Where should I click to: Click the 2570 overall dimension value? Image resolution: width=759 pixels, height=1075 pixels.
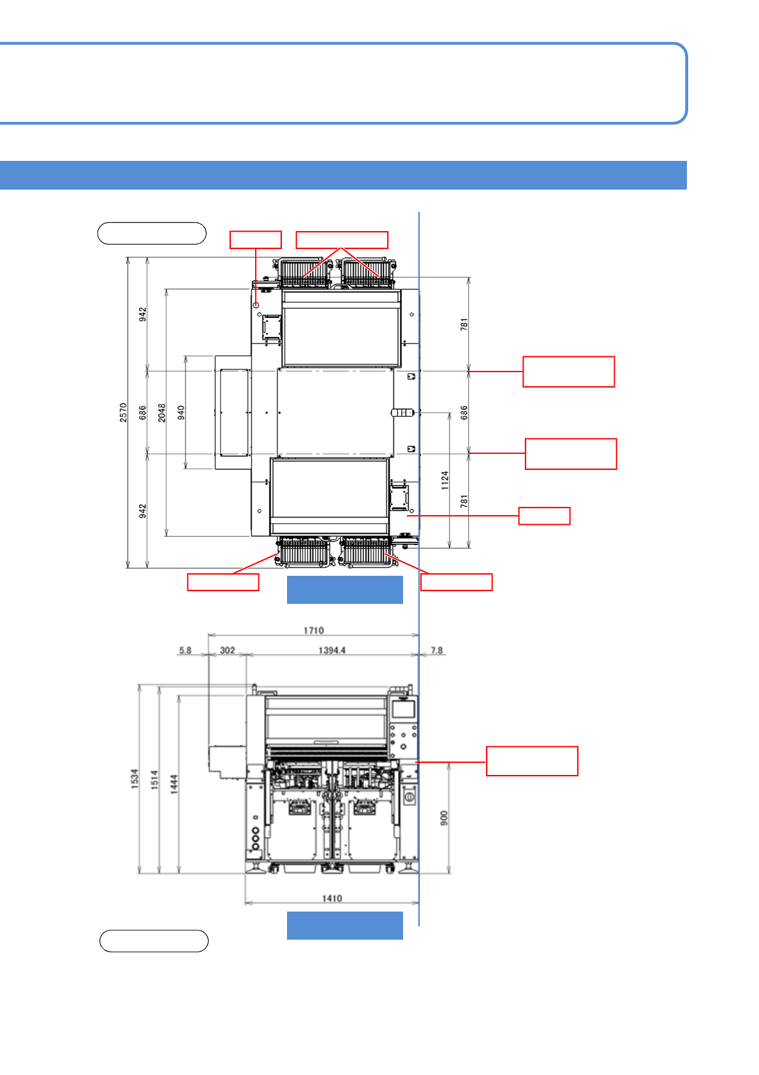pyautogui.click(x=123, y=412)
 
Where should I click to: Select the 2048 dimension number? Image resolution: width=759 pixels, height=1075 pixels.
pyautogui.click(x=162, y=412)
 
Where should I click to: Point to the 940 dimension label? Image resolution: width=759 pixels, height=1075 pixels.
pyautogui.click(x=181, y=412)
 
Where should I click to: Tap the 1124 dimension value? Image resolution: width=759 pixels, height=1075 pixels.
pyautogui.click(x=445, y=480)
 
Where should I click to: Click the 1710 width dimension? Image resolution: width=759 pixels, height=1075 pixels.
pyautogui.click(x=313, y=631)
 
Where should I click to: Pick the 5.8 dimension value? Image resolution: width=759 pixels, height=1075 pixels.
pyautogui.click(x=185, y=650)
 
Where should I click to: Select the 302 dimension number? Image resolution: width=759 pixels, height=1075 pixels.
pyautogui.click(x=227, y=650)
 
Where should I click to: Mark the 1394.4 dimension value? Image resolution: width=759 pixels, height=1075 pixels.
pyautogui.click(x=332, y=650)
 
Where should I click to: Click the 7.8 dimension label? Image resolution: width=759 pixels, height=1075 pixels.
pyautogui.click(x=436, y=650)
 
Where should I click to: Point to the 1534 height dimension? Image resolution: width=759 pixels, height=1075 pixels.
pyautogui.click(x=135, y=779)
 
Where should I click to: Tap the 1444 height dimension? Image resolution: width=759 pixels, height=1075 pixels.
pyautogui.click(x=174, y=784)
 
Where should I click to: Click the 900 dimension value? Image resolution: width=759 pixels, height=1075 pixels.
pyautogui.click(x=444, y=818)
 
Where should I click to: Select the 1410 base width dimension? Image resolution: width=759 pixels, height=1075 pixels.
pyautogui.click(x=332, y=898)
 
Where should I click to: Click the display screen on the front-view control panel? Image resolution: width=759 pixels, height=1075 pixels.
pyautogui.click(x=402, y=709)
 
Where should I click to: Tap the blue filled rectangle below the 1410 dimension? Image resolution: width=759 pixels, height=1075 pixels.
pyautogui.click(x=344, y=926)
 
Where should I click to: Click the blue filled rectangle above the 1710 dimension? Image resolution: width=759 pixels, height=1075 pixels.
pyautogui.click(x=344, y=590)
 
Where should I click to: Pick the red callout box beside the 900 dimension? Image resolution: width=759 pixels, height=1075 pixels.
pyautogui.click(x=532, y=761)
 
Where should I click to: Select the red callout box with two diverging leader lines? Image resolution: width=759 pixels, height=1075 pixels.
pyautogui.click(x=342, y=240)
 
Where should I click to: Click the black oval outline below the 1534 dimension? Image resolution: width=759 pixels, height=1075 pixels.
pyautogui.click(x=154, y=941)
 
